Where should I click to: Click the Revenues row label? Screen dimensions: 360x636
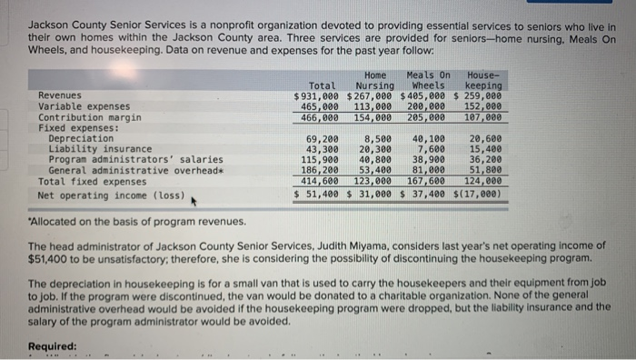[59, 95]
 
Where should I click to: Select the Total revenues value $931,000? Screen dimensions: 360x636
[316, 95]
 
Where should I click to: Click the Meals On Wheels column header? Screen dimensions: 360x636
[428, 80]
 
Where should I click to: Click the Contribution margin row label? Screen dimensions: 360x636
[89, 117]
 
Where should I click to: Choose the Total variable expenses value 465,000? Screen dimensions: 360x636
[320, 105]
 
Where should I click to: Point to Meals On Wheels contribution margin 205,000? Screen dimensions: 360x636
[426, 117]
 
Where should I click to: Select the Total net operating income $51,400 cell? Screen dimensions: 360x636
[317, 194]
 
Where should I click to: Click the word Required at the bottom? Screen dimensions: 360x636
[52, 345]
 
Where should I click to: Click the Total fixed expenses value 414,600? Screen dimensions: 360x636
[320, 181]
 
